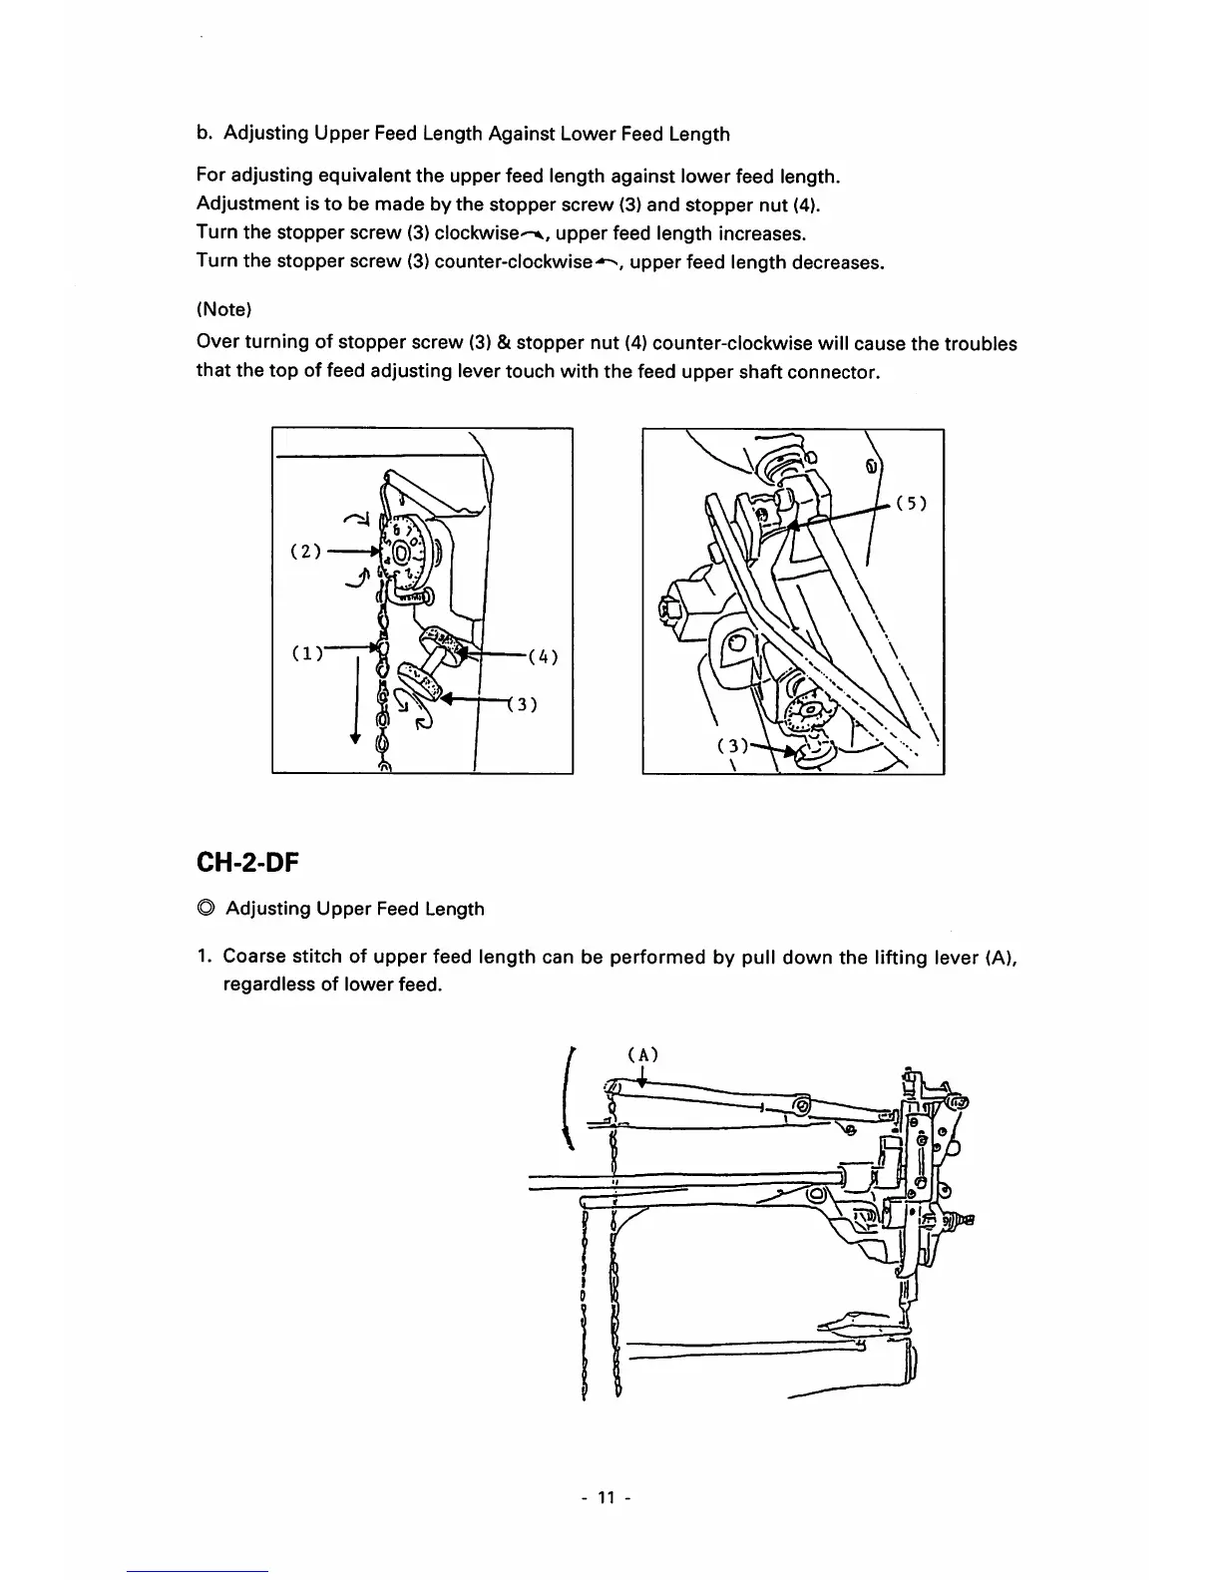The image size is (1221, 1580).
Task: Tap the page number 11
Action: (x=608, y=1497)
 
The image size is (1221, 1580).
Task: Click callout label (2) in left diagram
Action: (x=304, y=551)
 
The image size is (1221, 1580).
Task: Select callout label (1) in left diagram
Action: (x=305, y=654)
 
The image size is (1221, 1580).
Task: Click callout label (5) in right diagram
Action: (x=912, y=504)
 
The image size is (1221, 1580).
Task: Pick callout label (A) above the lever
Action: (x=643, y=1054)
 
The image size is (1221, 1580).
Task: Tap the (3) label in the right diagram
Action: (x=732, y=746)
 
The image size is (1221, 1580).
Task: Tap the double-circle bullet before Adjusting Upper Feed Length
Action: (x=205, y=909)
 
